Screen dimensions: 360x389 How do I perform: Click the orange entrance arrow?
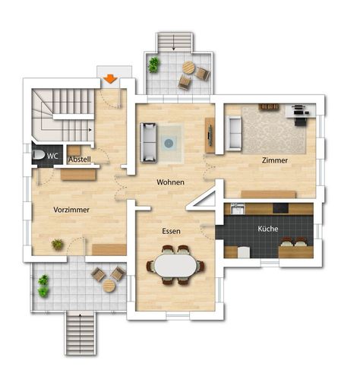(x=110, y=78)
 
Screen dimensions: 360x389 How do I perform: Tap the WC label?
(x=52, y=156)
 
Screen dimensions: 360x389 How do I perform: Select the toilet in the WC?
(x=39, y=155)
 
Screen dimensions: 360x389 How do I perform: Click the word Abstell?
(x=80, y=160)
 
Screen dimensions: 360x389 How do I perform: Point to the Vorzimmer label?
(x=71, y=210)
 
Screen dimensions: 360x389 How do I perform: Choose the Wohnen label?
(x=170, y=182)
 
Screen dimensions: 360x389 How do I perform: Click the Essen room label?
(x=171, y=231)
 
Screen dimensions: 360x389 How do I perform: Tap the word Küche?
(x=268, y=229)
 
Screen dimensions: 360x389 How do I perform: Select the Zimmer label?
(x=275, y=160)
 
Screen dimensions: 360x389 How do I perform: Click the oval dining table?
(x=175, y=265)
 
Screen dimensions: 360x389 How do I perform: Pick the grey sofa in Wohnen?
(x=148, y=142)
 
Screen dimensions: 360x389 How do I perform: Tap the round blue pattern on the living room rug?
(x=169, y=144)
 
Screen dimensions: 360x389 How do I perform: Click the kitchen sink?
(x=238, y=209)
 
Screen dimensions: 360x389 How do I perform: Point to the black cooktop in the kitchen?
(x=280, y=208)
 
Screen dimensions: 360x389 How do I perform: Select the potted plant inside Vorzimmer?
(x=58, y=244)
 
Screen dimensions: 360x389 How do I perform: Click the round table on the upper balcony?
(x=188, y=68)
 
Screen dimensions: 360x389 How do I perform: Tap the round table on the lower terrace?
(x=109, y=286)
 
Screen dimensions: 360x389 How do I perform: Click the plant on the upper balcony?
(x=153, y=65)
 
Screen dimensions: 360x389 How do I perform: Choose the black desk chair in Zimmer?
(x=300, y=122)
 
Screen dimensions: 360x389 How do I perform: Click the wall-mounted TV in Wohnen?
(x=210, y=136)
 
